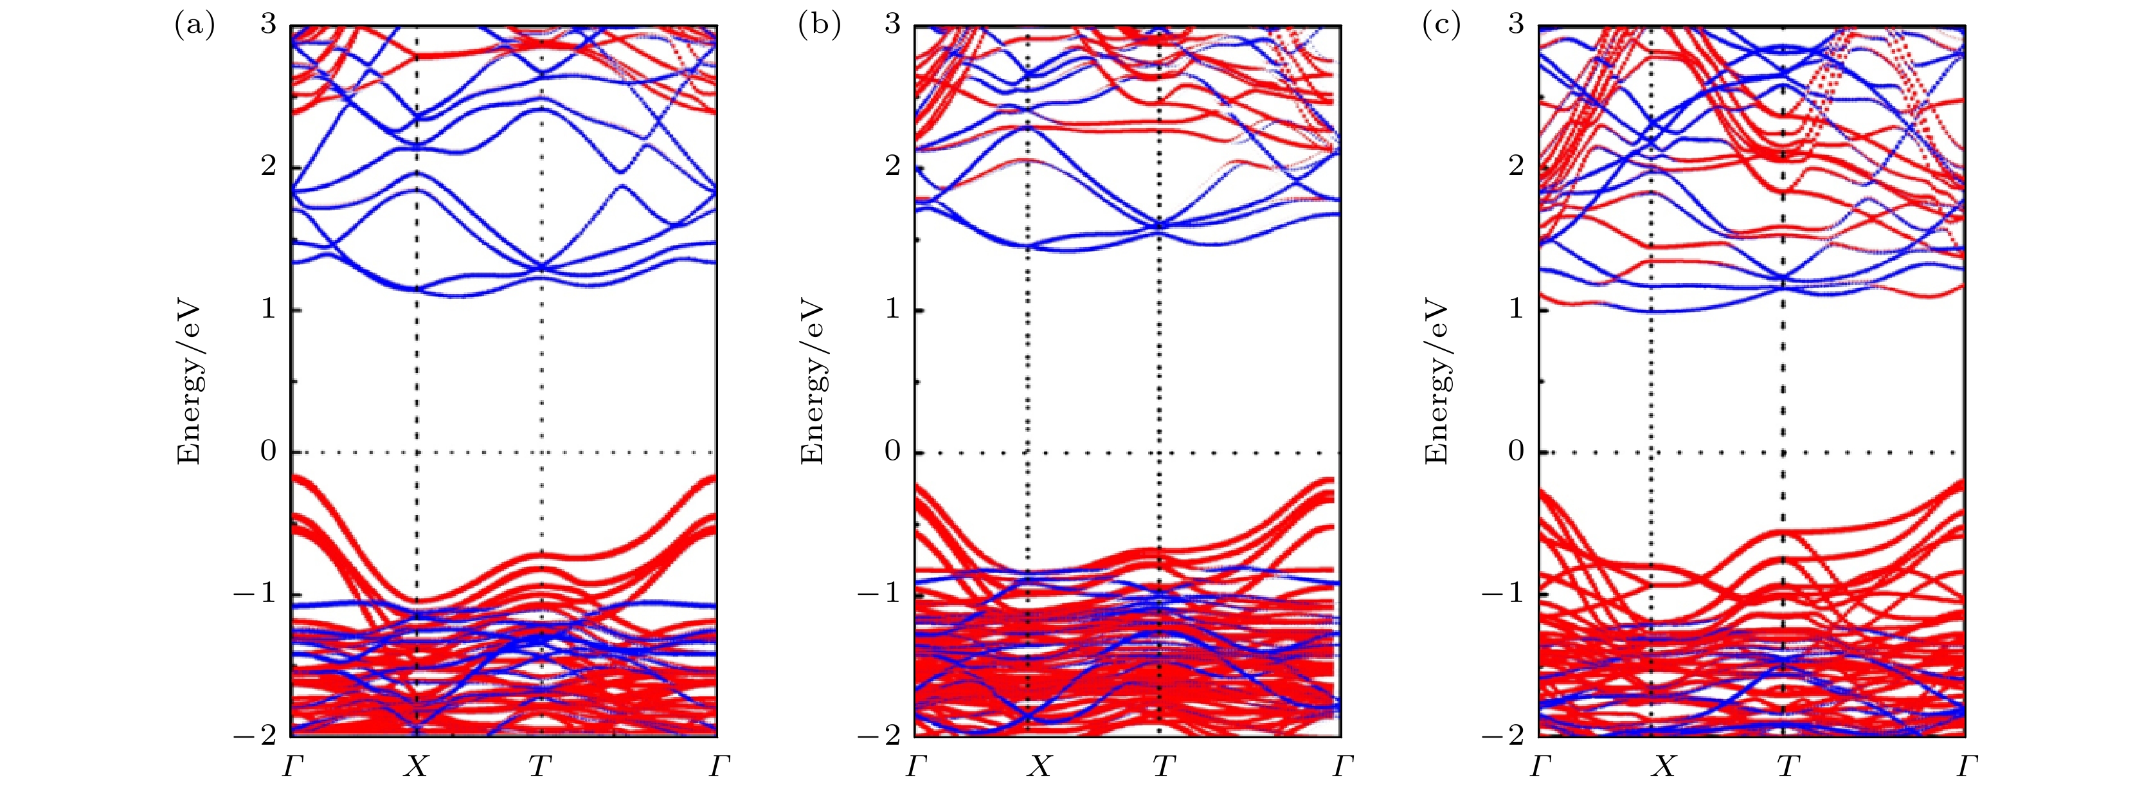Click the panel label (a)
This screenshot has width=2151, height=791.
194,26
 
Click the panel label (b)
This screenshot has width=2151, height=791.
819,26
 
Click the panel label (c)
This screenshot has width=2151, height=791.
1441,26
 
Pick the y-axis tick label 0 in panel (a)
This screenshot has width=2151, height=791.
268,452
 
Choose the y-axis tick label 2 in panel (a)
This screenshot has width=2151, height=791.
268,166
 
